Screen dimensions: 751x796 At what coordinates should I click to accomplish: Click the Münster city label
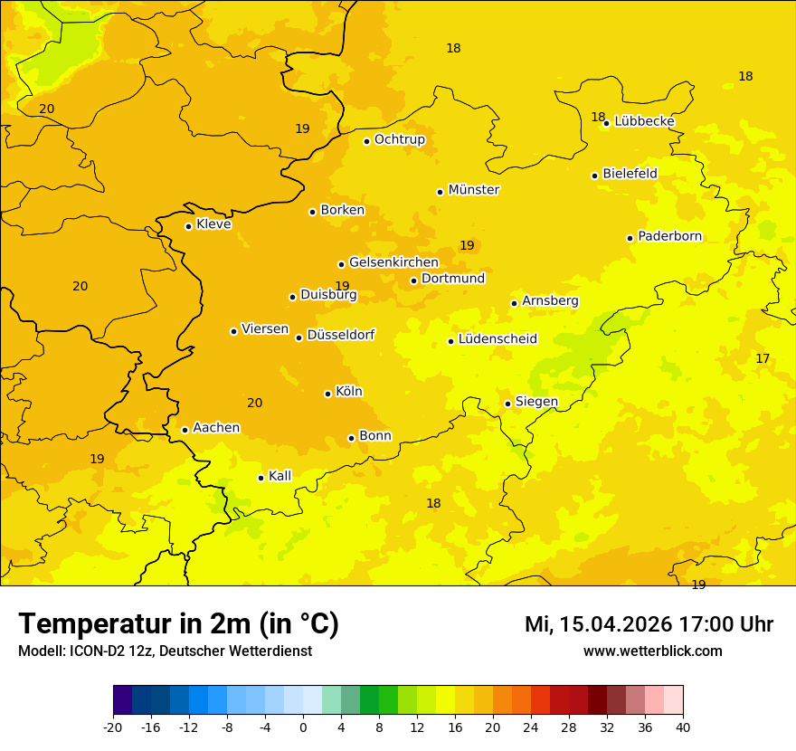pyautogui.click(x=473, y=190)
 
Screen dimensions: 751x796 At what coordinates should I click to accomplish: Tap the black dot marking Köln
pyautogui.click(x=327, y=394)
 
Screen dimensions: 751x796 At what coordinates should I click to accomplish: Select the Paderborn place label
pyautogui.click(x=669, y=236)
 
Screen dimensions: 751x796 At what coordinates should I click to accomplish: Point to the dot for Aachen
pyautogui.click(x=185, y=430)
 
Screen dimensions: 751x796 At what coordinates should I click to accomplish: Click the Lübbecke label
pyautogui.click(x=644, y=121)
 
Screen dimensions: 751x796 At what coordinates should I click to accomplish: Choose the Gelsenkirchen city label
pyautogui.click(x=393, y=262)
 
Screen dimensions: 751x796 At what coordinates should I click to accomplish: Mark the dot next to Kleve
pyautogui.click(x=188, y=226)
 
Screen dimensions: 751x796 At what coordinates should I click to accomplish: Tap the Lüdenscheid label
pyautogui.click(x=497, y=339)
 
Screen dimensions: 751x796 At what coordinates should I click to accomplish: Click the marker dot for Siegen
pyautogui.click(x=507, y=404)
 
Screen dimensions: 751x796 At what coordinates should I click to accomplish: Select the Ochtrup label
pyautogui.click(x=399, y=139)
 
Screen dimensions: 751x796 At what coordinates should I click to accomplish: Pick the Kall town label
pyautogui.click(x=280, y=476)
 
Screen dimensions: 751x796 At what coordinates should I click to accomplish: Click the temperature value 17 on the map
pyautogui.click(x=763, y=359)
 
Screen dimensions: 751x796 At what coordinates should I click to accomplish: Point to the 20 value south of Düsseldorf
pyautogui.click(x=255, y=404)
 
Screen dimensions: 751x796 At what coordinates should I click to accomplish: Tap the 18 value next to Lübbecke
pyautogui.click(x=598, y=117)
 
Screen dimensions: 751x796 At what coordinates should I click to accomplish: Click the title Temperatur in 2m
pyautogui.click(x=178, y=624)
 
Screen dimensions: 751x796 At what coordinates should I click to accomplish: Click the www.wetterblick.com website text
pyautogui.click(x=652, y=651)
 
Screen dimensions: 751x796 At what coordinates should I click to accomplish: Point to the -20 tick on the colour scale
pyautogui.click(x=113, y=727)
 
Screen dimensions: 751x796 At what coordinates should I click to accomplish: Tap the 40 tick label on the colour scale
pyautogui.click(x=683, y=727)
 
